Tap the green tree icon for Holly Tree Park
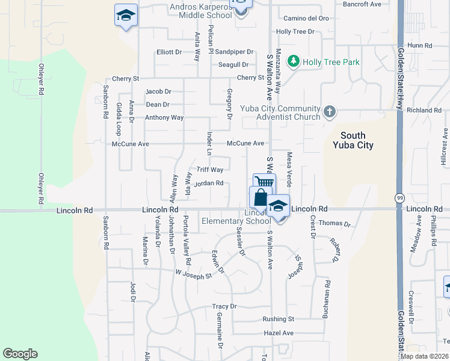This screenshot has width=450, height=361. pos(294,61)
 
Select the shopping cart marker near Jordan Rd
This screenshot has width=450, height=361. pos(264,183)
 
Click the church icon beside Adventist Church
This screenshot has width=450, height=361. pos(329,111)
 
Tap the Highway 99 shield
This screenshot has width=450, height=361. pos(399,197)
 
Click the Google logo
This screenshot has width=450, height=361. pos(20,354)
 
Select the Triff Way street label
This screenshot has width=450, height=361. pos(210,170)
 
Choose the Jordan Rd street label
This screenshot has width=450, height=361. pos(209,184)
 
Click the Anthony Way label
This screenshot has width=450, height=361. pos(164,117)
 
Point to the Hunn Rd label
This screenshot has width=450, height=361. pos(420,45)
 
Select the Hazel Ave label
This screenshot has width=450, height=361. pos(279,333)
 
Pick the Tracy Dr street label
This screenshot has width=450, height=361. pos(224,306)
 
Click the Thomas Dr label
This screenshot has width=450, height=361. pos(334,223)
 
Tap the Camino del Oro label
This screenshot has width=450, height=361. pos(306,18)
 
